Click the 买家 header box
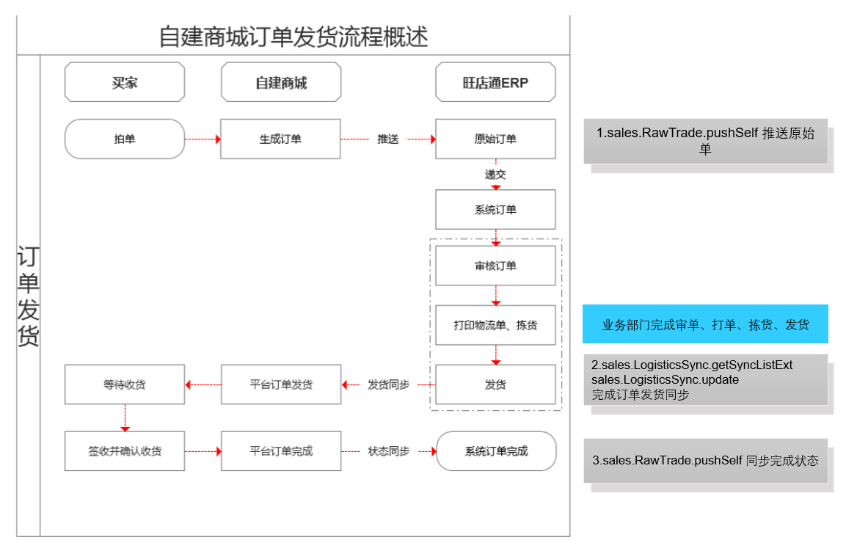point(125,82)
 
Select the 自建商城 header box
point(281,82)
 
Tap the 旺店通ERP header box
point(495,82)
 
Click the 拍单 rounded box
point(125,139)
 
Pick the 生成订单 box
point(280,139)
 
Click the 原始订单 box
point(495,139)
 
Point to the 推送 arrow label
point(387,139)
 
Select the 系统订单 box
point(495,209)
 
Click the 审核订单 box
point(495,266)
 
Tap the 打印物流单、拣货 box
point(495,325)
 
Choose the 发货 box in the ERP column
point(495,384)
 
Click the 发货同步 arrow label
point(388,384)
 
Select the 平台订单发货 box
point(281,384)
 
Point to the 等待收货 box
point(125,384)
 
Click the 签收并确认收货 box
point(125,451)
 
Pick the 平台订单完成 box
point(281,451)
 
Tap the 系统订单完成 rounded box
point(496,451)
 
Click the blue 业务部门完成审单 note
point(705,324)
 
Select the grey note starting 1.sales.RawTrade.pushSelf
point(705,141)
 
